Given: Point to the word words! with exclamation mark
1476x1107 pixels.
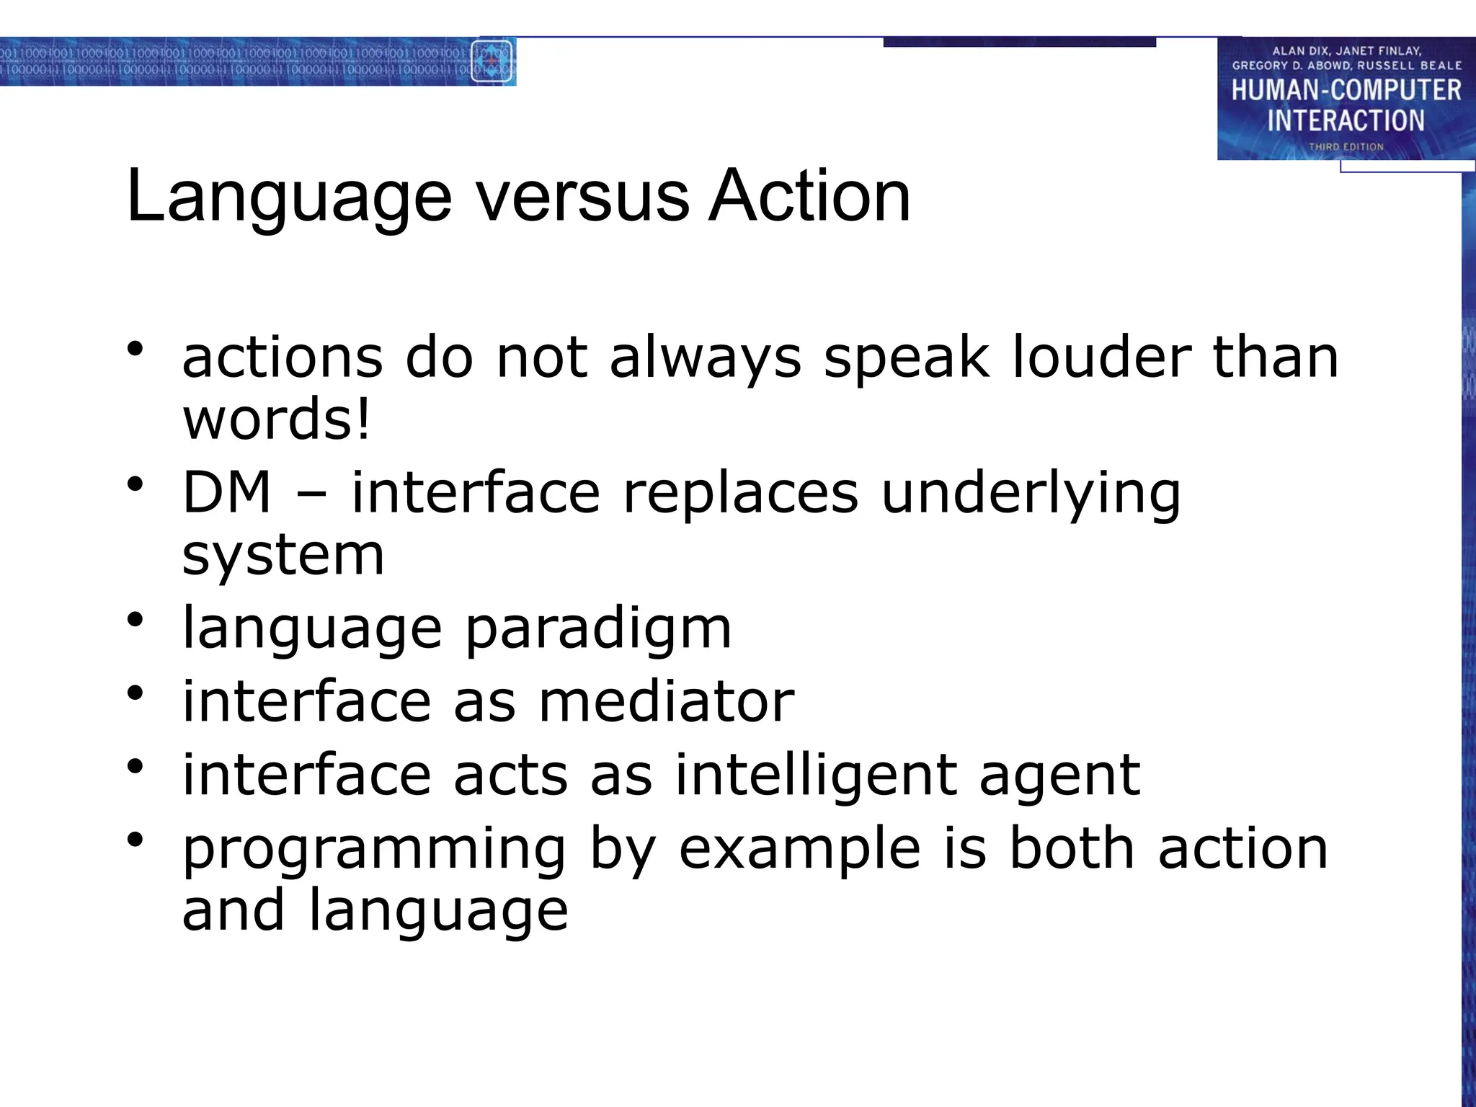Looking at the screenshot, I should pos(277,419).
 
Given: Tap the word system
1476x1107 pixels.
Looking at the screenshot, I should pos(283,557).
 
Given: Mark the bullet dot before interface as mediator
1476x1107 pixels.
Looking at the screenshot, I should pos(135,693).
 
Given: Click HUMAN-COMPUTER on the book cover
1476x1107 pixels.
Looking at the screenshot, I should pos(1346,91).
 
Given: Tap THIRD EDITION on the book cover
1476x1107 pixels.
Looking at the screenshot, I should pos(1346,146).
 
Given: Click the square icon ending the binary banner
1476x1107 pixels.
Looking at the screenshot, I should pos(492,61).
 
